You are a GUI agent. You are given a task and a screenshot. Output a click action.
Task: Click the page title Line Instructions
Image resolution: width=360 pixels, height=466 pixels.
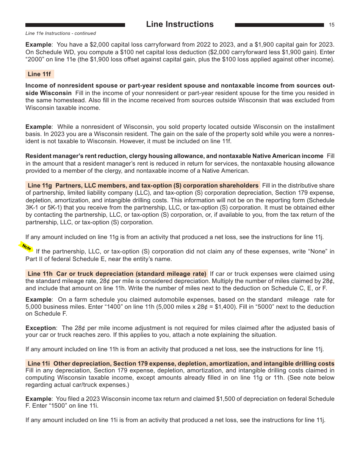(x=180, y=24)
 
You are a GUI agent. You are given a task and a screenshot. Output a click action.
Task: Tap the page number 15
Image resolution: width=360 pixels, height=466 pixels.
(x=332, y=25)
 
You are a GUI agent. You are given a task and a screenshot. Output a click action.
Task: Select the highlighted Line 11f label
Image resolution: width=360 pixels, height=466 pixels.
(x=39, y=74)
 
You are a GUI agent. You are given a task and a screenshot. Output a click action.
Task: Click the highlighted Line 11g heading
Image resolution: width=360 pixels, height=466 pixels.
(x=143, y=186)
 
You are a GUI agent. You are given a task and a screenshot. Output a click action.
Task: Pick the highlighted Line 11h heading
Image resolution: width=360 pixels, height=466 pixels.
(x=117, y=274)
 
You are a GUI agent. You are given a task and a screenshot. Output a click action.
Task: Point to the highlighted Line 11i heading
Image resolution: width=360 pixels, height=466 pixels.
(x=180, y=363)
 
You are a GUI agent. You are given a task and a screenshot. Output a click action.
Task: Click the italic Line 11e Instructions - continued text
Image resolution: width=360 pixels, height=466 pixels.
(x=61, y=33)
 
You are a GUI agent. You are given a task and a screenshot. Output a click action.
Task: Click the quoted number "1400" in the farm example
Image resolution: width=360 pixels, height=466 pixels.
(x=149, y=306)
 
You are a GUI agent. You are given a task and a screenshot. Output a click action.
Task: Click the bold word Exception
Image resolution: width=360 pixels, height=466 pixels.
(x=41, y=328)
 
